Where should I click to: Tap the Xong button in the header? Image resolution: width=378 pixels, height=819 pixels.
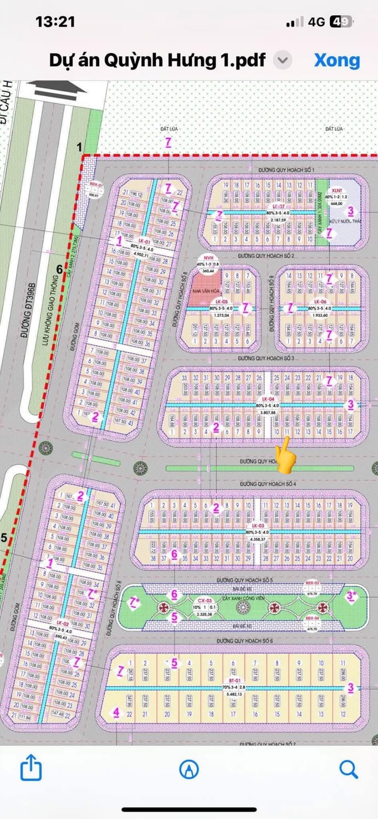coord(337,60)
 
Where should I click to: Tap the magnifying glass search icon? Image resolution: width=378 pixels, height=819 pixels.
coord(348,769)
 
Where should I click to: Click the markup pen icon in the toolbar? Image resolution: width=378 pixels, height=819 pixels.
coord(189,769)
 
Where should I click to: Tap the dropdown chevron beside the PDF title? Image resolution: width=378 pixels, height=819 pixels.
coord(283,60)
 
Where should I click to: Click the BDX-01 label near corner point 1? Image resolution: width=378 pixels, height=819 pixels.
coord(94,185)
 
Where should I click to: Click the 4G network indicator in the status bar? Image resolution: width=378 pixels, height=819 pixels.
coord(317,22)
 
